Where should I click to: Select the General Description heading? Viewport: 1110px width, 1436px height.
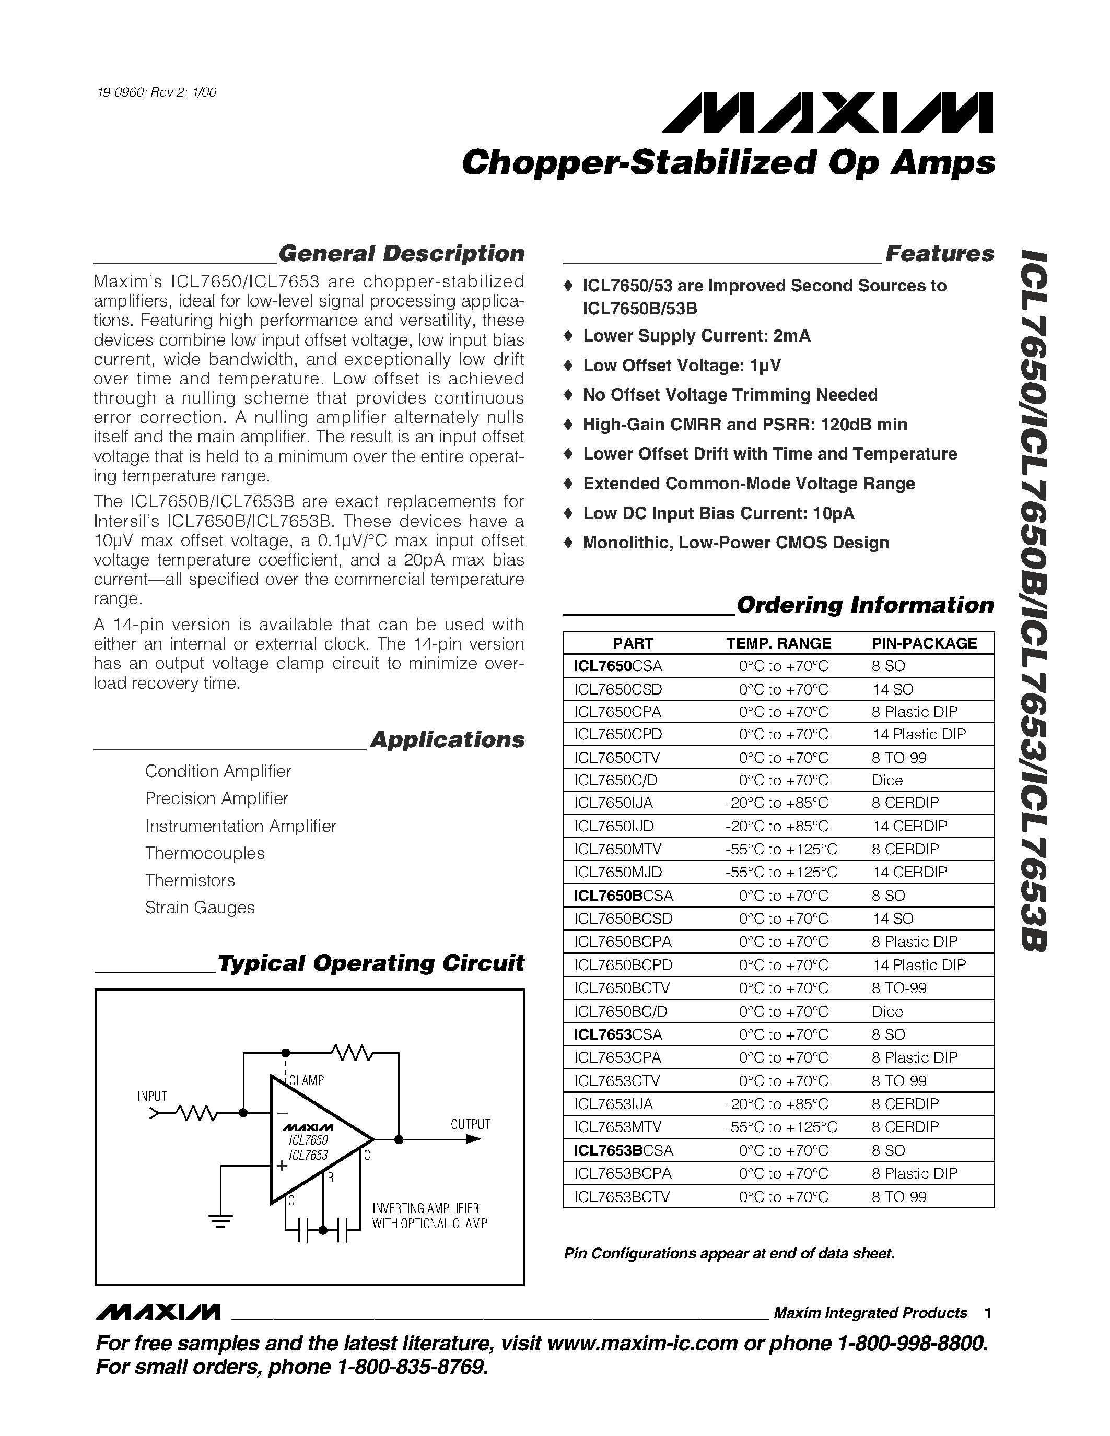click(x=401, y=254)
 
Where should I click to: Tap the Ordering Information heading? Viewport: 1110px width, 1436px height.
click(x=864, y=605)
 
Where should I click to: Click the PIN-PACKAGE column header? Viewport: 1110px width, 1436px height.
click(x=924, y=643)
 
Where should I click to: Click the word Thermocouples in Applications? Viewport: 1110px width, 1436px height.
click(x=205, y=853)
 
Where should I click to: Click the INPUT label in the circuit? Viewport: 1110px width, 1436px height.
click(x=152, y=1096)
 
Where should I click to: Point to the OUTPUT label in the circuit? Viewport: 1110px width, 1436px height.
click(x=470, y=1124)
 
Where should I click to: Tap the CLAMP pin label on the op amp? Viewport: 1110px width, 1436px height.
click(x=307, y=1080)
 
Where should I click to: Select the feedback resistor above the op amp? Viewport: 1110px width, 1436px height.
click(x=353, y=1053)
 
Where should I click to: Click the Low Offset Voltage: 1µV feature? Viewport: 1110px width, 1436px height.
click(x=681, y=366)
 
